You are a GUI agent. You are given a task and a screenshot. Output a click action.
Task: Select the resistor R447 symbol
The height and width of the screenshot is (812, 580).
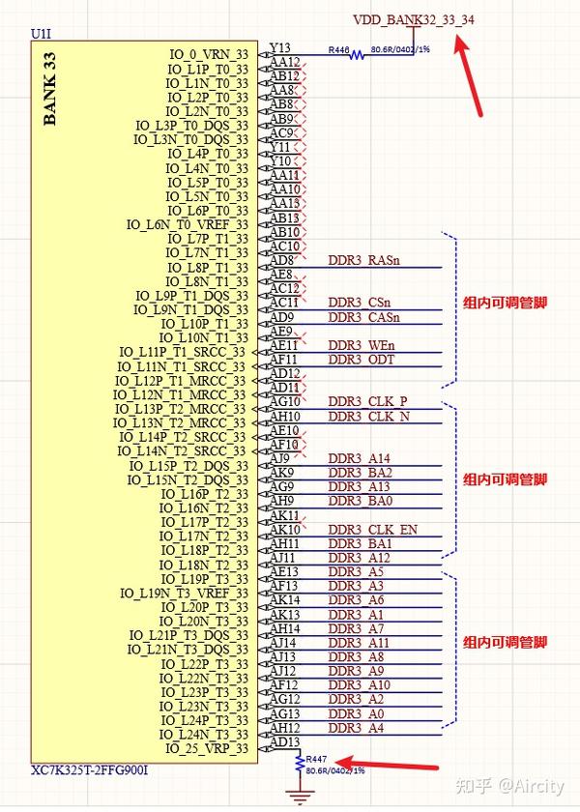(x=299, y=764)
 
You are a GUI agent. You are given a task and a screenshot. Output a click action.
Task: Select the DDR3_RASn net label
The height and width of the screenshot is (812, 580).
(x=364, y=260)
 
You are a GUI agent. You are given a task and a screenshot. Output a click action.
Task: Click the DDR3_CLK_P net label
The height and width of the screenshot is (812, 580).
(x=367, y=401)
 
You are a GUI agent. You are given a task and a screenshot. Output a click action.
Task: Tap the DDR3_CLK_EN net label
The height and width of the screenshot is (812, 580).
(x=372, y=529)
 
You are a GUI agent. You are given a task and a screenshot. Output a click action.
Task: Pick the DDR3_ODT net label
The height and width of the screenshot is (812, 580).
(x=362, y=360)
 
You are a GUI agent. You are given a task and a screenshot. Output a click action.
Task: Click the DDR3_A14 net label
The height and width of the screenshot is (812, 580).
(x=360, y=458)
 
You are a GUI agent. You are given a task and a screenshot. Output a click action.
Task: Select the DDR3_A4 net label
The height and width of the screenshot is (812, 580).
(x=356, y=727)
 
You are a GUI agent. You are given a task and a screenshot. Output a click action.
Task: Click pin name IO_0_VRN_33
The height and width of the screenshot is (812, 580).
(x=208, y=54)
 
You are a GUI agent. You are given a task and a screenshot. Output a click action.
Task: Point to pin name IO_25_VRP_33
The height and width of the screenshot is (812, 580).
(x=206, y=748)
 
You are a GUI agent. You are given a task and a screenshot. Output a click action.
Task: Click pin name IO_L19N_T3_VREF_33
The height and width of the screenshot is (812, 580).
(x=184, y=593)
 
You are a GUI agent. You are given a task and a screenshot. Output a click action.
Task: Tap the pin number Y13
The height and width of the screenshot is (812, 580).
(x=280, y=47)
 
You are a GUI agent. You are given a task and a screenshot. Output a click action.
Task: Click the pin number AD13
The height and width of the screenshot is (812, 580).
(x=284, y=741)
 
